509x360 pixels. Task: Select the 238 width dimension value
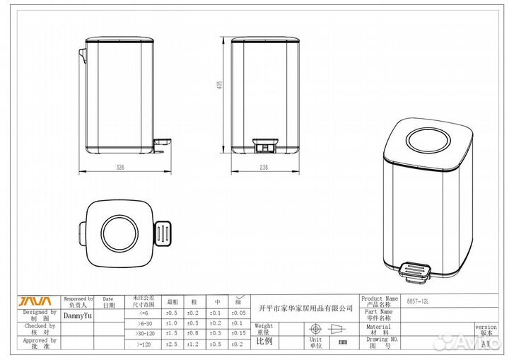click(264, 168)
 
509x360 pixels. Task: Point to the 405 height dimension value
click(220, 85)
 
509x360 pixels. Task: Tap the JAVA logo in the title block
click(35, 301)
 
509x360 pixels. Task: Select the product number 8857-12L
click(419, 302)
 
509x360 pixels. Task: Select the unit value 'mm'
click(343, 342)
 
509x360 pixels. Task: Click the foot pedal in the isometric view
click(415, 269)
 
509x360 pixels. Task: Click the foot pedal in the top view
click(162, 231)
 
